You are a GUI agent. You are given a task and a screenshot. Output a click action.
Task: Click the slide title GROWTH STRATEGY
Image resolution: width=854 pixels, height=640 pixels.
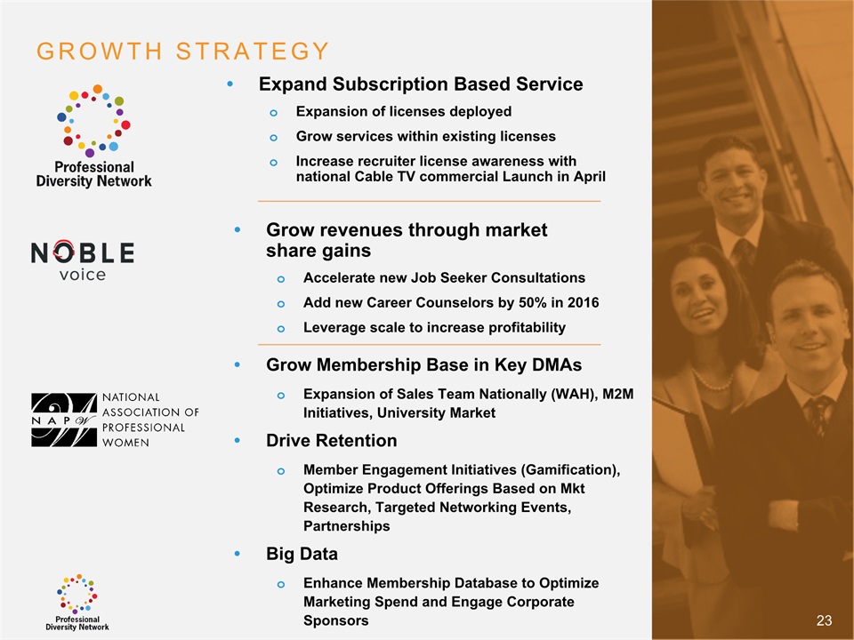click(183, 52)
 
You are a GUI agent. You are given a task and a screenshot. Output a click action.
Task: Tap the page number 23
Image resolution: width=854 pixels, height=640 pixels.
click(824, 620)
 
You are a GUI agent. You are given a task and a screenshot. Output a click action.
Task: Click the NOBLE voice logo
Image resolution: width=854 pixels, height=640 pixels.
click(82, 260)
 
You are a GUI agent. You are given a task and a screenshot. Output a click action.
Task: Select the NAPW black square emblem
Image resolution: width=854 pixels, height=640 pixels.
click(64, 420)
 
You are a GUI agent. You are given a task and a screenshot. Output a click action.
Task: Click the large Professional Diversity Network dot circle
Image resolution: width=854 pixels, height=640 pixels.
click(93, 121)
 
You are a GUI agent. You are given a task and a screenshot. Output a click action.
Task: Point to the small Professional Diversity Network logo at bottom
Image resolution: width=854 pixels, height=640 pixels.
click(77, 603)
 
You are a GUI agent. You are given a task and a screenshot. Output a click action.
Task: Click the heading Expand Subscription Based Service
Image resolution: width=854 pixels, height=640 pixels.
click(421, 84)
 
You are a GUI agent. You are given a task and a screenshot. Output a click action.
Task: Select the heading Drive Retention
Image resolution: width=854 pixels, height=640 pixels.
click(331, 440)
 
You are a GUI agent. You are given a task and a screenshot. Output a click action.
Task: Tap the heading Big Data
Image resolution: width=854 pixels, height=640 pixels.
click(302, 554)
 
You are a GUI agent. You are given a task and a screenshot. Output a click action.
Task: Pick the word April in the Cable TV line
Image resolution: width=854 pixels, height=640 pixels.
click(589, 177)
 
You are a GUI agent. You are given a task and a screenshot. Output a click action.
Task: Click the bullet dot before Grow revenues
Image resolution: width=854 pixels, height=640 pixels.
click(237, 229)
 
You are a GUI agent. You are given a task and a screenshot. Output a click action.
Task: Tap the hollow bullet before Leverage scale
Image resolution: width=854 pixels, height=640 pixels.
click(280, 329)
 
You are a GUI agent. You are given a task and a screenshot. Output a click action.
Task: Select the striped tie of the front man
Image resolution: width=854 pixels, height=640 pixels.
click(818, 415)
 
